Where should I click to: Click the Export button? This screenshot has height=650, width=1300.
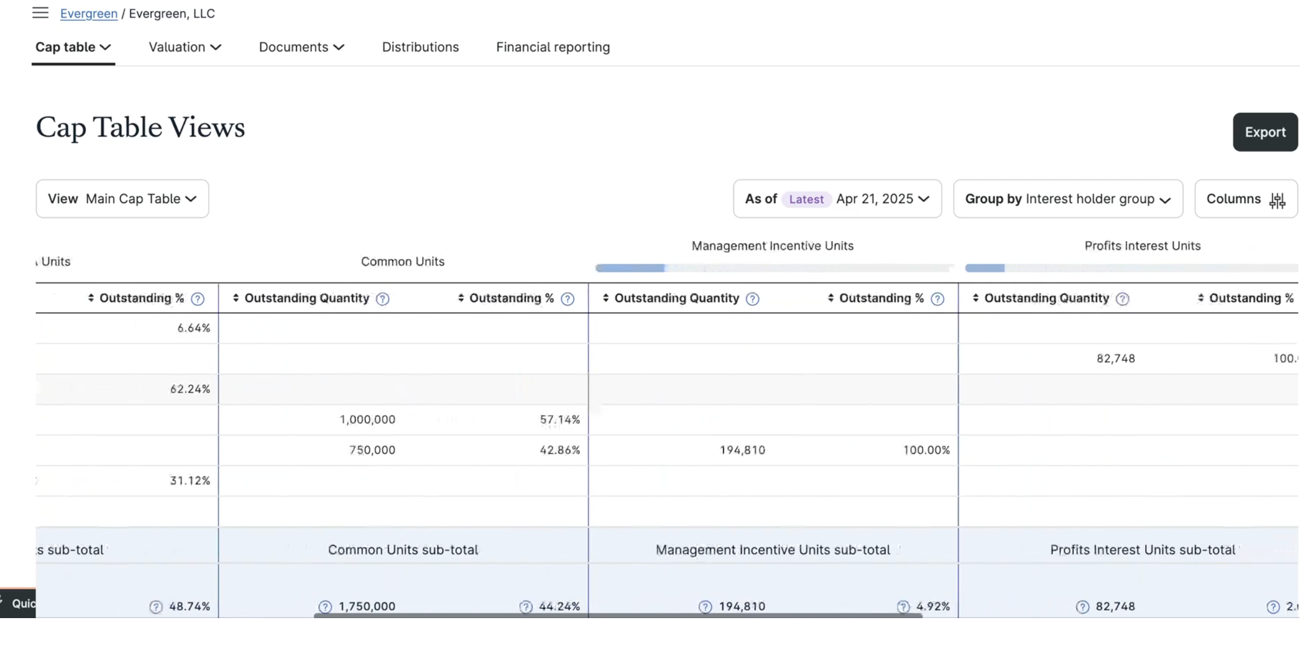click(x=1264, y=132)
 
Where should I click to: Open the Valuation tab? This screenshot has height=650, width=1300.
click(x=185, y=47)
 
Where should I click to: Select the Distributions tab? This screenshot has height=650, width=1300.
click(x=420, y=47)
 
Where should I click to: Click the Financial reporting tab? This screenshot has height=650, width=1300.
click(x=552, y=47)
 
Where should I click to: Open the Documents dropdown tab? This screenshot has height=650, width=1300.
click(x=301, y=47)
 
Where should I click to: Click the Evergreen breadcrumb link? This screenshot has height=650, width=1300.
click(x=88, y=13)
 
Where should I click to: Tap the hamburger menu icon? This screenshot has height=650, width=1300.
click(x=40, y=13)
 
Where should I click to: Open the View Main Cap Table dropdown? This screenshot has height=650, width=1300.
click(x=122, y=199)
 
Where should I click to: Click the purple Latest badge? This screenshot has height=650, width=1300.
click(x=806, y=199)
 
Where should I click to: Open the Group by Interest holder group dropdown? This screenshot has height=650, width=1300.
click(x=1067, y=199)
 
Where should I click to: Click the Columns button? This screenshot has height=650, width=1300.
click(x=1245, y=199)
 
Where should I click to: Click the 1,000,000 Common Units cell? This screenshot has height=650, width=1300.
click(x=367, y=420)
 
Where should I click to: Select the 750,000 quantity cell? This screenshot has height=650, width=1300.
click(x=372, y=450)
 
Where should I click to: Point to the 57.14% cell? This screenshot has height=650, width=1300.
click(x=559, y=420)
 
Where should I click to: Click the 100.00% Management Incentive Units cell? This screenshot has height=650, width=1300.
click(x=926, y=450)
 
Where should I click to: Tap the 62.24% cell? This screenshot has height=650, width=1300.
click(x=190, y=389)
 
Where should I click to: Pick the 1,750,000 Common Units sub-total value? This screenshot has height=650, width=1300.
click(x=367, y=606)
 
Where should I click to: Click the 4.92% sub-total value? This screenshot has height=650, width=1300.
click(x=933, y=606)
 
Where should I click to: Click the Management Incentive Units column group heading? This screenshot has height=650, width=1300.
click(x=772, y=246)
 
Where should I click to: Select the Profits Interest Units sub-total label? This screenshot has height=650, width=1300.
click(x=1142, y=549)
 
